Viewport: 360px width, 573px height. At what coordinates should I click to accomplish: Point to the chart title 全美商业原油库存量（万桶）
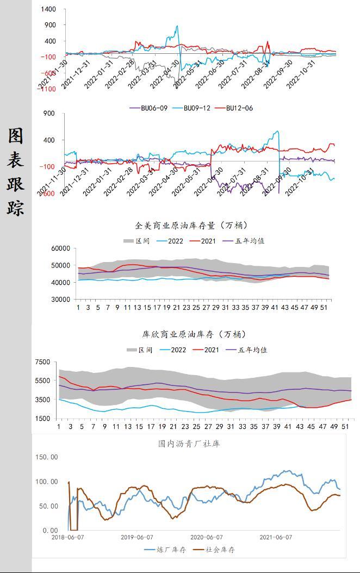[x=184, y=225]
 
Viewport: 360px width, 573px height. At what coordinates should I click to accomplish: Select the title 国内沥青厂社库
[x=189, y=444]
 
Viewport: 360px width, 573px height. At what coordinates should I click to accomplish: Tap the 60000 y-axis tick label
[x=60, y=248]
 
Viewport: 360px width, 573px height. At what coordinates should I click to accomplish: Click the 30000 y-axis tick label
[x=60, y=300]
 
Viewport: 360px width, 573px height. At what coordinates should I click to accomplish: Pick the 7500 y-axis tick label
[x=42, y=362]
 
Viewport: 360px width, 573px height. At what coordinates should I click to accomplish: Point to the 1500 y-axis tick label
[x=42, y=419]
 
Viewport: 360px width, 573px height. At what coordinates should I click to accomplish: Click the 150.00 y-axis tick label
[x=46, y=457]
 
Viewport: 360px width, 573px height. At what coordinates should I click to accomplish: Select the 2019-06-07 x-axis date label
[x=138, y=537]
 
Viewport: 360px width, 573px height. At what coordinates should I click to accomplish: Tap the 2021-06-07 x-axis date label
[x=276, y=537]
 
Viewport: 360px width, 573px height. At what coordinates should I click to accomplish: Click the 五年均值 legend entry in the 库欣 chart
[x=253, y=350]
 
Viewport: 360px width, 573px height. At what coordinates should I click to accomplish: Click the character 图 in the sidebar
[x=15, y=136]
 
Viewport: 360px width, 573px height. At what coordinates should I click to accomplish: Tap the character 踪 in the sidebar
[x=15, y=207]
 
